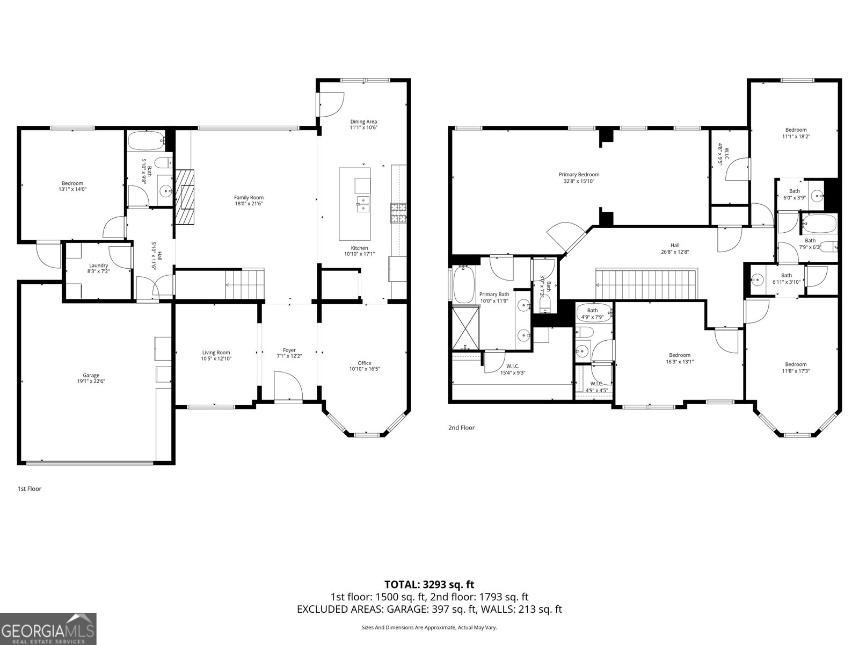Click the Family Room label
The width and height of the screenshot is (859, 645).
coord(249,197)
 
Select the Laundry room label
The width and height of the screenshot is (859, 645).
coord(98,265)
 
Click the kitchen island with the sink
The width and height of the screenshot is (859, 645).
coord(354,204)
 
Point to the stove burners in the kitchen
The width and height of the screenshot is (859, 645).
coord(398,213)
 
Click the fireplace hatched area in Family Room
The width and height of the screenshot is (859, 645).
coord(185,197)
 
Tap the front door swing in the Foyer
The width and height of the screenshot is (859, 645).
coord(287,387)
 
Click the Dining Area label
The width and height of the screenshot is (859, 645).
coord(363,121)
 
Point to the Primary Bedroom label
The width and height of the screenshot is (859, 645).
coord(579,174)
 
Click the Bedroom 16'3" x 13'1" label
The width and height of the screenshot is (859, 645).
coord(679,355)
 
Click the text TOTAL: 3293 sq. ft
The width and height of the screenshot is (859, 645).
coord(429,584)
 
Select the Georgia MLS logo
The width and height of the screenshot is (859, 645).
coord(48,628)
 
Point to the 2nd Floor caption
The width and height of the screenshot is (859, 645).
coord(461,428)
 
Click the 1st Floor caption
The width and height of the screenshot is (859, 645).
coord(30,489)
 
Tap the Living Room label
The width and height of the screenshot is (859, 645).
coord(216,353)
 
